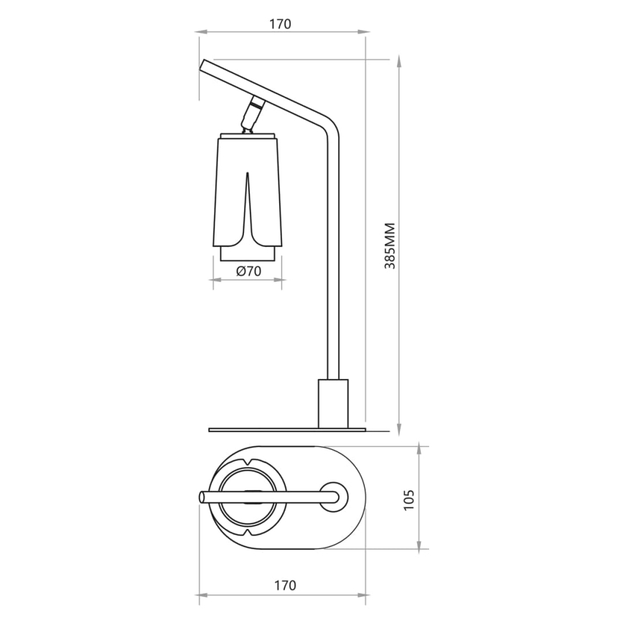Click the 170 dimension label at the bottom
pyautogui.click(x=284, y=586)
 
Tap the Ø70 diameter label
pyautogui.click(x=248, y=271)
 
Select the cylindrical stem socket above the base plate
pyautogui.click(x=332, y=403)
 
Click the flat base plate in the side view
pyautogui.click(x=287, y=430)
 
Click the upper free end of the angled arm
pyautogui.click(x=205, y=66)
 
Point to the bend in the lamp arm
pyautogui.click(x=327, y=123)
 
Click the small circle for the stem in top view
pyautogui.click(x=332, y=497)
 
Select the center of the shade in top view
pyautogui.click(x=248, y=497)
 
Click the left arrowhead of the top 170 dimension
pyautogui.click(x=201, y=32)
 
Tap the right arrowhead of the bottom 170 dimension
pyautogui.click(x=364, y=595)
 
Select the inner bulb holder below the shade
pyautogui.click(x=248, y=254)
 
